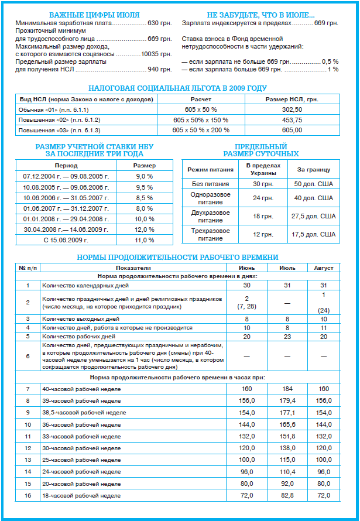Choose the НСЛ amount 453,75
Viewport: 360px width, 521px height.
pyautogui.click(x=292, y=119)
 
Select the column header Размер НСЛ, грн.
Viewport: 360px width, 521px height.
pyautogui.click(x=292, y=99)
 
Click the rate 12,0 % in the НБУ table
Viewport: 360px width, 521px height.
pyautogui.click(x=144, y=229)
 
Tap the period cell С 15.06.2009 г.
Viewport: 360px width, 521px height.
pyautogui.click(x=64, y=240)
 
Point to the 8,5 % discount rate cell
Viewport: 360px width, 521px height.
pyautogui.click(x=144, y=197)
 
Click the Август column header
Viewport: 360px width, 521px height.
pyautogui.click(x=323, y=268)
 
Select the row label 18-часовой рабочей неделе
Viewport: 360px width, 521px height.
pyautogui.click(x=77, y=496)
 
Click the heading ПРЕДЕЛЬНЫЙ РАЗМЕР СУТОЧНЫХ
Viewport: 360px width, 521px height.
pyautogui.click(x=261, y=150)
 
